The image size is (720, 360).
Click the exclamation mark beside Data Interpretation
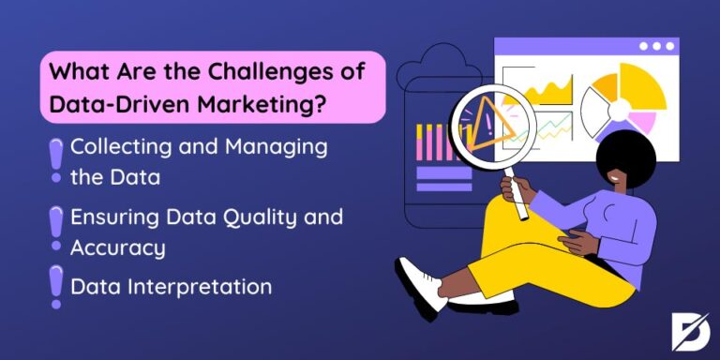pyautogui.click(x=55, y=286)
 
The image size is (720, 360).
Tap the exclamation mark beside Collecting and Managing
pyautogui.click(x=55, y=159)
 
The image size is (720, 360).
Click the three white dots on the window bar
pyautogui.click(x=656, y=46)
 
